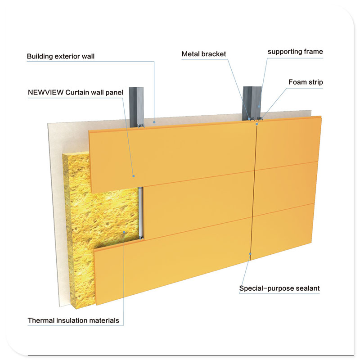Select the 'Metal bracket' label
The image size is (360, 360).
click(204, 54)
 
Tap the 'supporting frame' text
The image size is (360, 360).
click(295, 52)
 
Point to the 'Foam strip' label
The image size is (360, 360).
click(306, 82)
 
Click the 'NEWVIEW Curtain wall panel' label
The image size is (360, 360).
click(75, 93)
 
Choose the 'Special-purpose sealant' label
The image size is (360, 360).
click(279, 288)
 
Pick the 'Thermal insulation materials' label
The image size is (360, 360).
click(73, 320)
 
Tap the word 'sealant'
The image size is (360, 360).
click(307, 288)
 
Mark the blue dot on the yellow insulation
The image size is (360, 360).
click(125, 232)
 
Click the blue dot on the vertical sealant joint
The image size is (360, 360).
click(250, 255)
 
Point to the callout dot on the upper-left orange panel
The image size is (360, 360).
click(134, 176)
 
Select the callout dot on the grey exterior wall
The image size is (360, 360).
click(154, 121)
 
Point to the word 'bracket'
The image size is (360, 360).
click(216, 54)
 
